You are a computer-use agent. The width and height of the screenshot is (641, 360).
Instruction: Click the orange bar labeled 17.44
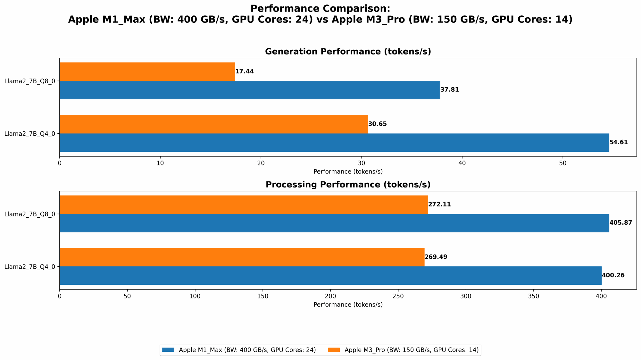(x=147, y=71)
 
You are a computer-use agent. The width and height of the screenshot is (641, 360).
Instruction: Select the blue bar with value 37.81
(x=250, y=90)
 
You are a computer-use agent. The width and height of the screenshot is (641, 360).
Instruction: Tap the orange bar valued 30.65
(x=214, y=124)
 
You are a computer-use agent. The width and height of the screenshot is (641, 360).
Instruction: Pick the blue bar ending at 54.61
(x=334, y=142)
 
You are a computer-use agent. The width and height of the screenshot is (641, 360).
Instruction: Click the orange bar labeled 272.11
(x=244, y=205)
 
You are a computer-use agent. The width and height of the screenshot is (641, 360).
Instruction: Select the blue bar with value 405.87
(x=334, y=223)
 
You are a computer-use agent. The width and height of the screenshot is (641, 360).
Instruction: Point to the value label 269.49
(x=436, y=257)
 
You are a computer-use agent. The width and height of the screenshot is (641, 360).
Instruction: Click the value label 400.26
(x=613, y=275)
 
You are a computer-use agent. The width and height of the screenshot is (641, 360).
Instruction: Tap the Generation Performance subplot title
(x=348, y=52)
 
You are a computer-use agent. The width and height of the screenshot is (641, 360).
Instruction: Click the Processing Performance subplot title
(x=348, y=185)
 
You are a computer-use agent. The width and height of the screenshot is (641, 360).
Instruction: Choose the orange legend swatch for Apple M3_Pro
(x=334, y=350)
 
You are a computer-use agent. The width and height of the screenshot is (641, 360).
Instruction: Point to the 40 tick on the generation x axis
(x=462, y=163)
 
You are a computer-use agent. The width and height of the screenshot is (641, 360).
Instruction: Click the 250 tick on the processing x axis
(x=398, y=296)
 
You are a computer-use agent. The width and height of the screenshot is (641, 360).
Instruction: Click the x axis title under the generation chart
(x=348, y=172)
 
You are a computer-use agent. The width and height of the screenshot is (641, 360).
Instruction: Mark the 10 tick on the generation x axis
(x=160, y=163)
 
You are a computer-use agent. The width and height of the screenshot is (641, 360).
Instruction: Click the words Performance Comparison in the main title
(x=320, y=8)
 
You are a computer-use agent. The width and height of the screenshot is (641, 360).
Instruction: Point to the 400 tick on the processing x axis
(x=601, y=296)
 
